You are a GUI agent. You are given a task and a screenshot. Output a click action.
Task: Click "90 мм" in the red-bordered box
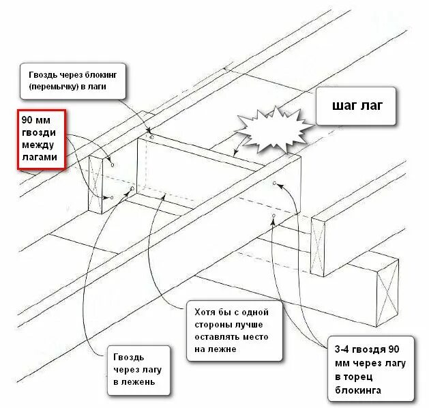(34, 119)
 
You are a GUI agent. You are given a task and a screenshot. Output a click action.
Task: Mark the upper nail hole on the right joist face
(274, 184)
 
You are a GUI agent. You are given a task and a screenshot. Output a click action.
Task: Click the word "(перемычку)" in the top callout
(55, 87)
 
